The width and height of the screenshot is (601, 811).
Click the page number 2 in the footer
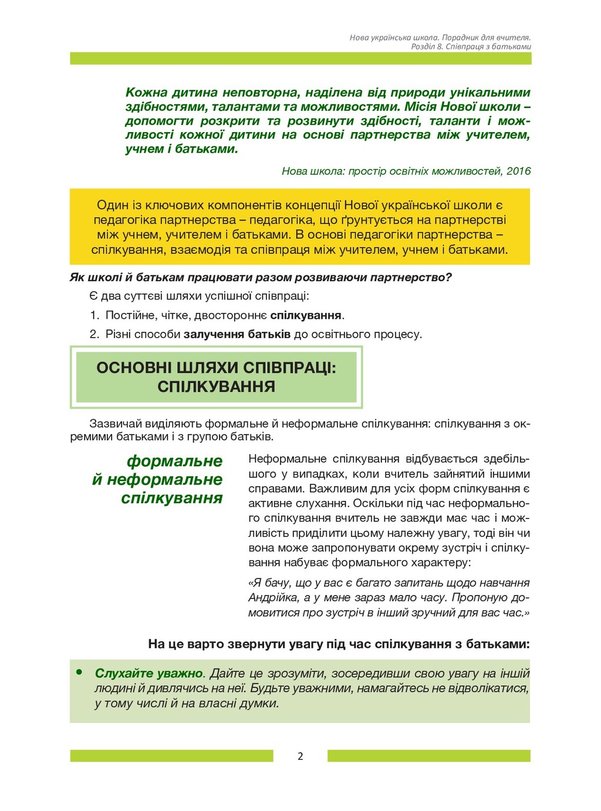pyautogui.click(x=300, y=756)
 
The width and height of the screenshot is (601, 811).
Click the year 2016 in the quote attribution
pyautogui.click(x=518, y=171)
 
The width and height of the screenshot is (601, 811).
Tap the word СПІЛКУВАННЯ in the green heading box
pyautogui.click(x=216, y=387)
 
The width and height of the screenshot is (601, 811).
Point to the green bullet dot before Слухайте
pyautogui.click(x=79, y=672)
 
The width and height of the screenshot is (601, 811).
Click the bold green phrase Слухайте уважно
pyautogui.click(x=149, y=674)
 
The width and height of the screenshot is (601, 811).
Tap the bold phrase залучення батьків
pyautogui.click(x=237, y=334)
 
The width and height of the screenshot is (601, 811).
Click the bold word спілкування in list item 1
pyautogui.click(x=306, y=315)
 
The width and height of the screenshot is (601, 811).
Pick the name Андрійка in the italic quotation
pyautogui.click(x=273, y=598)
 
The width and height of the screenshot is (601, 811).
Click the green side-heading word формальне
pyautogui.click(x=174, y=461)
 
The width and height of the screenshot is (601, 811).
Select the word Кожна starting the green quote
pyautogui.click(x=146, y=93)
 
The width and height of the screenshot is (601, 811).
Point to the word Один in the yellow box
pyautogui.click(x=113, y=206)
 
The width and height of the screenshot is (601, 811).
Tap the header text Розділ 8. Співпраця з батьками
pyautogui.click(x=471, y=46)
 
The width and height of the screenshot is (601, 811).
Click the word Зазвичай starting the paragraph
pyautogui.click(x=115, y=423)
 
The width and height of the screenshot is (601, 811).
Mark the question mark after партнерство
pyautogui.click(x=449, y=277)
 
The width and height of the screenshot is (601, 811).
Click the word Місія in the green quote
pyautogui.click(x=420, y=107)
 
